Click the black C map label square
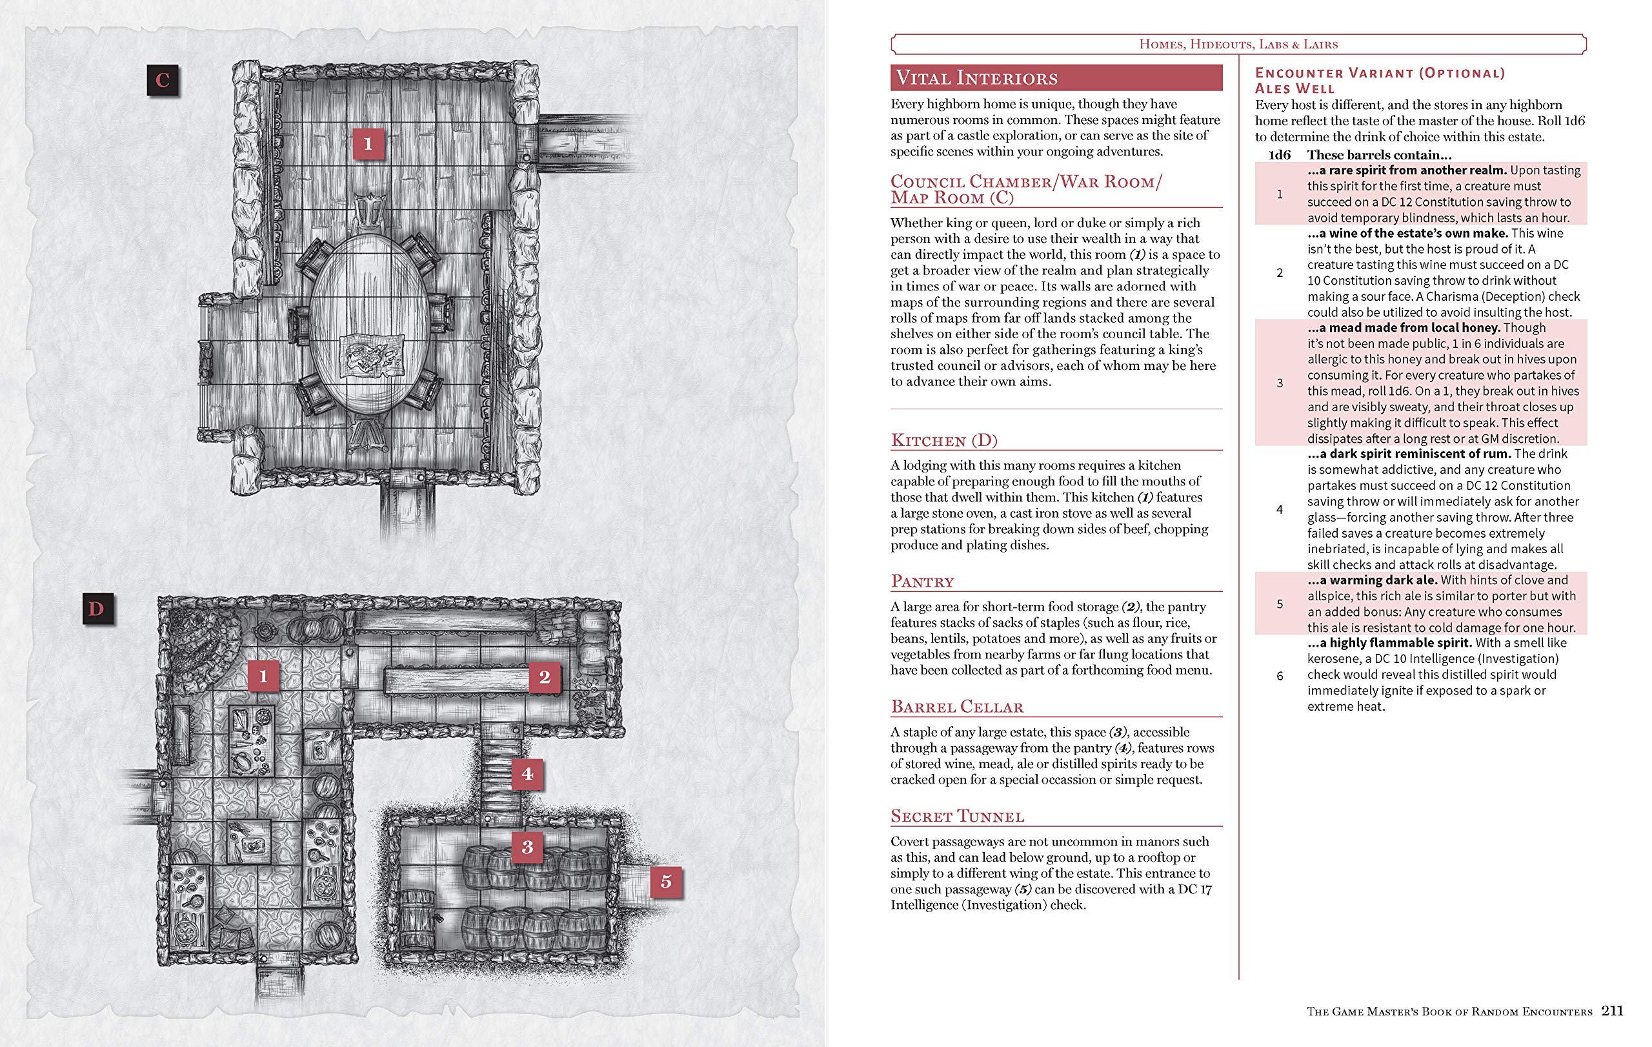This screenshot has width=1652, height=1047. [163, 80]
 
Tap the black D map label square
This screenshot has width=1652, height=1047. [98, 609]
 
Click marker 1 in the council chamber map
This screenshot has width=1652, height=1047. [368, 143]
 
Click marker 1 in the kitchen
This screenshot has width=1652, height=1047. [263, 676]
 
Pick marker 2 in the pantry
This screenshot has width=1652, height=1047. [545, 677]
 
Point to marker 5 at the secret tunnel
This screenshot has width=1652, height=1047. [665, 881]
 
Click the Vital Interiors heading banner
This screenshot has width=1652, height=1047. [1056, 77]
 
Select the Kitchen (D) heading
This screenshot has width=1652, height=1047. [944, 440]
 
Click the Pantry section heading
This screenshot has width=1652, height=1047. [922, 582]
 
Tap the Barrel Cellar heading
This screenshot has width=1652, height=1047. [956, 707]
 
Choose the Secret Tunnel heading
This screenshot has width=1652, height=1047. [957, 817]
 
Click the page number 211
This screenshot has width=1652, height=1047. [1612, 1011]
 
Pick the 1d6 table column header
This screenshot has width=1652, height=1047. [1280, 155]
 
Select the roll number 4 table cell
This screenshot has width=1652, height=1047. [1280, 509]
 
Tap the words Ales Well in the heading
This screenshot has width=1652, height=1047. [1294, 88]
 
